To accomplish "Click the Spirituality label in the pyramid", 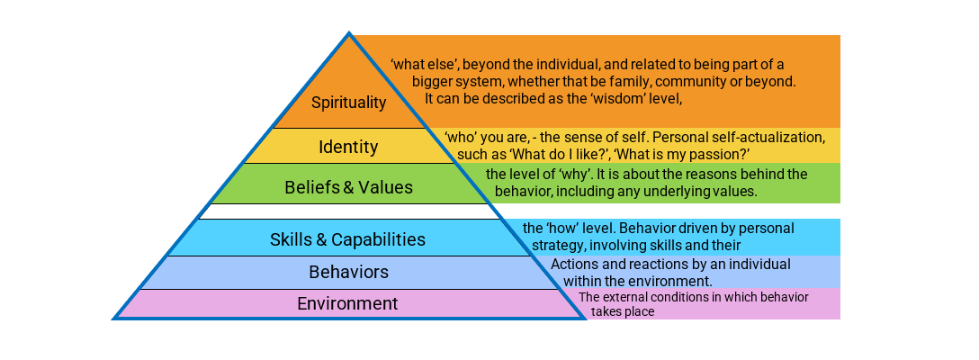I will [x=349, y=103].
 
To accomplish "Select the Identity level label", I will [x=348, y=146].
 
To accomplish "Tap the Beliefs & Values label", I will [x=348, y=187].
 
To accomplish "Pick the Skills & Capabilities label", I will [x=347, y=239].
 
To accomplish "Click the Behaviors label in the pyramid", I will [x=348, y=272].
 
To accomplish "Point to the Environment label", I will [x=347, y=303].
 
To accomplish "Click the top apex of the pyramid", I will [x=349, y=35].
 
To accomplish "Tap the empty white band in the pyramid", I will [x=349, y=211].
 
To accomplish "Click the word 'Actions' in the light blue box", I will [x=575, y=264].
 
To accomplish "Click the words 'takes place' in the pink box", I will [x=622, y=311].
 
